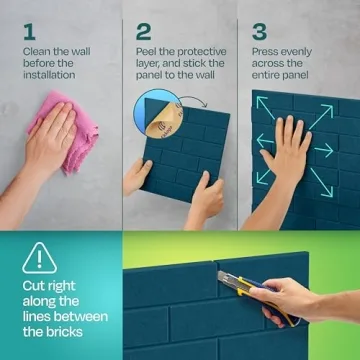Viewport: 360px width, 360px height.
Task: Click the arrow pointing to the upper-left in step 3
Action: [x=266, y=110]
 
